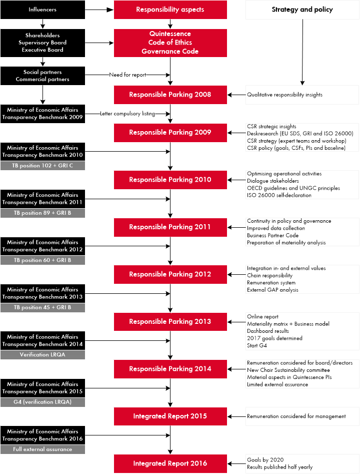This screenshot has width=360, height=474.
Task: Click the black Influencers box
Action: (x=42, y=10)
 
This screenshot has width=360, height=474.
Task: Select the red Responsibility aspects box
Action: (x=170, y=10)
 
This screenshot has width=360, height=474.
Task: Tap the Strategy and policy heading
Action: (x=302, y=10)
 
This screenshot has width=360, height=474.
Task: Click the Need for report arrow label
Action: (x=127, y=75)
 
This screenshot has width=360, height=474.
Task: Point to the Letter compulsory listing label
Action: (x=127, y=114)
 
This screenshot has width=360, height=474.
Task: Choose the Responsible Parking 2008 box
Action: (x=170, y=95)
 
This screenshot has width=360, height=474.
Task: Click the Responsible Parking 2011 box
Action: (x=170, y=227)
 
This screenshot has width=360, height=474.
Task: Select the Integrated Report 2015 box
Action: (x=170, y=416)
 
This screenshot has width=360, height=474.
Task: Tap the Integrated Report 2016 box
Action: (x=170, y=463)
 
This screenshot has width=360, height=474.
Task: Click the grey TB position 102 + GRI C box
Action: (x=42, y=166)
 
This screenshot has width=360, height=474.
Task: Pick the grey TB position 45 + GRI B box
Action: (x=42, y=307)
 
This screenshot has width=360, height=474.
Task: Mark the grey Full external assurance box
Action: (x=42, y=449)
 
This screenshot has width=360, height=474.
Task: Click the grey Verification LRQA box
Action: (x=42, y=354)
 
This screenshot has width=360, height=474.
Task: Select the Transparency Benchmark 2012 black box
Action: (x=42, y=246)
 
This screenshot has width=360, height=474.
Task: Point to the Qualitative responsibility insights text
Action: (x=285, y=95)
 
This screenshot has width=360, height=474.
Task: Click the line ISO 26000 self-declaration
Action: (x=279, y=195)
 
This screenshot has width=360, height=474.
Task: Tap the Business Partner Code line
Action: (x=272, y=235)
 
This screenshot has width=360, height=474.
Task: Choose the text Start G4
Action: (x=257, y=345)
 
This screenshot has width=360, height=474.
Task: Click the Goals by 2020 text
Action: (x=265, y=460)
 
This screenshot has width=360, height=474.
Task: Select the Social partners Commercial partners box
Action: (x=42, y=76)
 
